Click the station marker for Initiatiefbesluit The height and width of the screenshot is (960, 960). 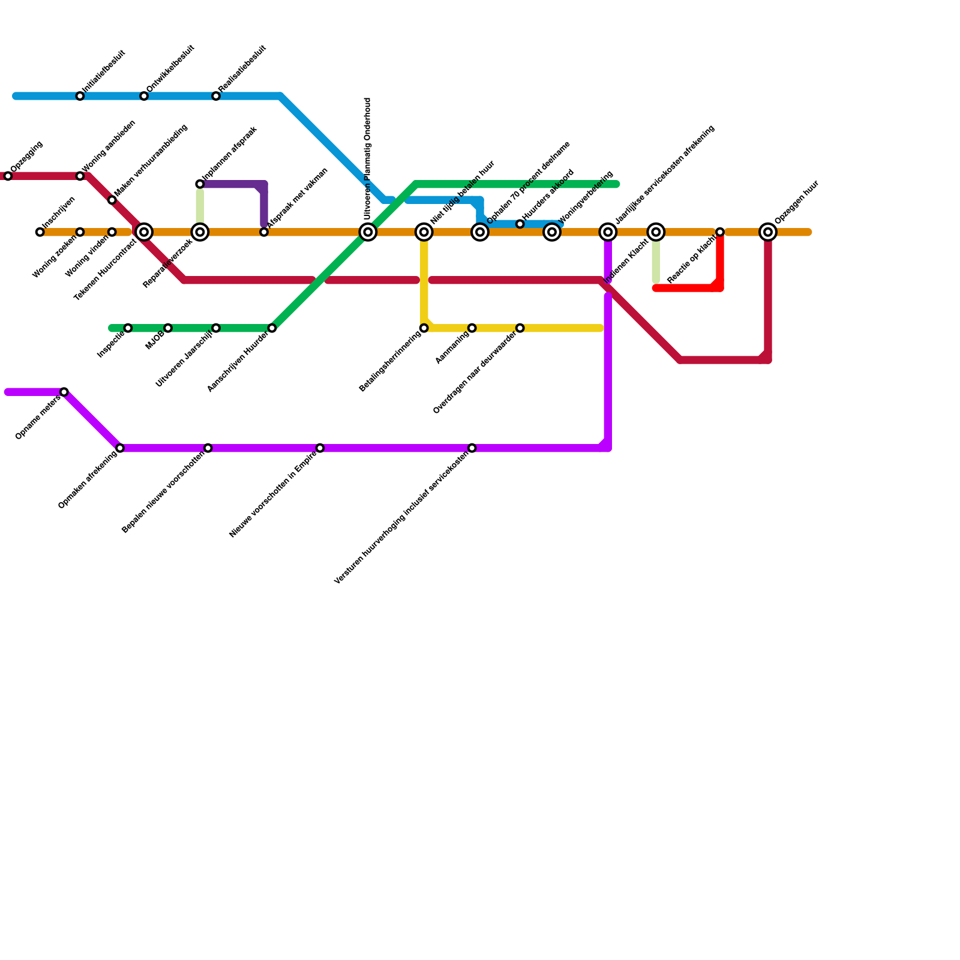point(80,97)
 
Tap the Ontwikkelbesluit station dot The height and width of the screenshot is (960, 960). point(144,97)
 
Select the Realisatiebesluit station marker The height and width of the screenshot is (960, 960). point(216,97)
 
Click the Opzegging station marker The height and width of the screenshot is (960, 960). point(8,176)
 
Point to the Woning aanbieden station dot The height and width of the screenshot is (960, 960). point(80,176)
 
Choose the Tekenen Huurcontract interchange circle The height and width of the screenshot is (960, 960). point(144,232)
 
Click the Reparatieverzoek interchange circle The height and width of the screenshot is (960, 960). point(200,232)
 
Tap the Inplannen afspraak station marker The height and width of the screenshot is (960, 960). point(200,184)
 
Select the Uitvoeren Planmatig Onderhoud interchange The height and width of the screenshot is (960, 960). point(368,232)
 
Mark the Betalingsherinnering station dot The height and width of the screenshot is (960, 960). point(424,328)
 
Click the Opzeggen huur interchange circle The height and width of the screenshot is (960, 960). point(768,232)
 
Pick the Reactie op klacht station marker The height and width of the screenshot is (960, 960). point(720,232)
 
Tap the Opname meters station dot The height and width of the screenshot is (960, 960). point(64,392)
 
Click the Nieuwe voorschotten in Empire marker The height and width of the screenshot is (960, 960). point(320,448)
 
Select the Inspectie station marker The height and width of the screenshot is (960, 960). point(128,328)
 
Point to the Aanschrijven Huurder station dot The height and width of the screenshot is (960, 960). point(272,328)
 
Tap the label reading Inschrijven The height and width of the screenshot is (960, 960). point(59,212)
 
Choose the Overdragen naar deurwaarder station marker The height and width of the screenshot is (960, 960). point(520,328)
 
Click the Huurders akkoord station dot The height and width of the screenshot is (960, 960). point(520,224)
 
